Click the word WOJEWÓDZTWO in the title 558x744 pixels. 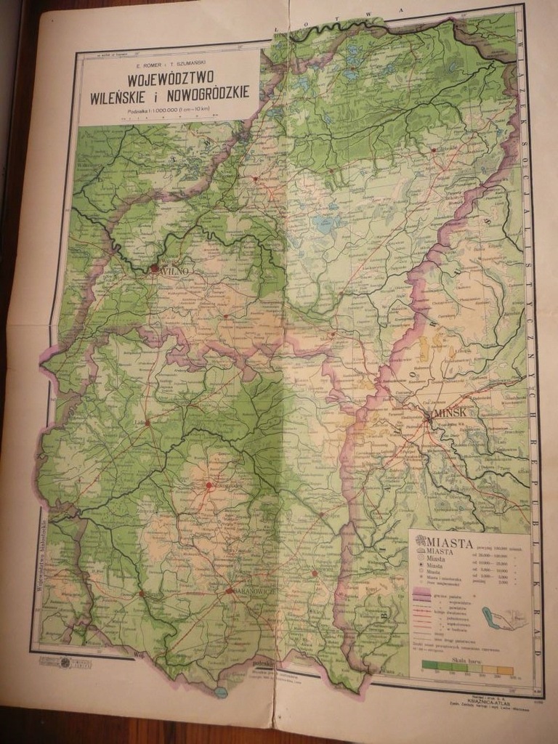168,76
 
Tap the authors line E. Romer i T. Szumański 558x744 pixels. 168,64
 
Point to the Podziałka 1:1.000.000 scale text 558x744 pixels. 168,109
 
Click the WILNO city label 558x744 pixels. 173,270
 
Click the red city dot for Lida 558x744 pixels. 147,421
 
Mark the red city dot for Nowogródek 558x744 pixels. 209,485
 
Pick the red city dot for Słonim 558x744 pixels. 148,594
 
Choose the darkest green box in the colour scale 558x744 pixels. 428,670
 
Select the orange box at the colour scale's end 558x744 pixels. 506,670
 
